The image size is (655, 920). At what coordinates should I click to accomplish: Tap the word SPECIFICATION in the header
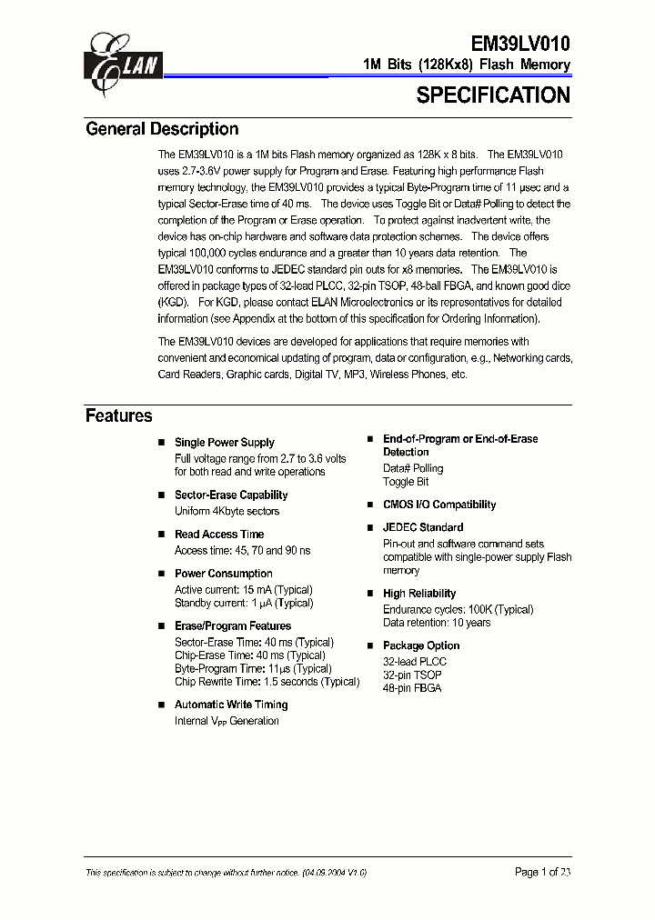pos(493,95)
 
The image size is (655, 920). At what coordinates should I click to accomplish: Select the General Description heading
pos(162,129)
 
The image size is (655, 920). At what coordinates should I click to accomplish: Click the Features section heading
pos(119,416)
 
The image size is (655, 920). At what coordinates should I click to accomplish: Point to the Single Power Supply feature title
pos(224,443)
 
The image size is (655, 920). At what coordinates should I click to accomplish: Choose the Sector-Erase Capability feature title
pos(231,495)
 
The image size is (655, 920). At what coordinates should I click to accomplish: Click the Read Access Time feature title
pos(219,535)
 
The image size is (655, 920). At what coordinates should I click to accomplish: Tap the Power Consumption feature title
pos(224,574)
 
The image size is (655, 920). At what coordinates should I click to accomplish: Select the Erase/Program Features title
pos(233,626)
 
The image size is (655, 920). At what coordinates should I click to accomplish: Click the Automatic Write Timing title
pos(231,705)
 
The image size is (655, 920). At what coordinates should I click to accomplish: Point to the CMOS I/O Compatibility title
pos(439,505)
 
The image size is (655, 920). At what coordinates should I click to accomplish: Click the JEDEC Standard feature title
pos(423,527)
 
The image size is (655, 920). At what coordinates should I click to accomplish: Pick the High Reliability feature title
pos(419,594)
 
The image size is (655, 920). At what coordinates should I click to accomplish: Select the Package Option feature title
pos(421,645)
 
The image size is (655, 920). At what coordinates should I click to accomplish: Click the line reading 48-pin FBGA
pos(412,688)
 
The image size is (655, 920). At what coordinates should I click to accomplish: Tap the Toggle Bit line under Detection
pos(406,482)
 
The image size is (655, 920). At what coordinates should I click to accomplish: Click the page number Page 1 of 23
pos(542,872)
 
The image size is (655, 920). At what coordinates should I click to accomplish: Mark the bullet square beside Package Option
pos(370,645)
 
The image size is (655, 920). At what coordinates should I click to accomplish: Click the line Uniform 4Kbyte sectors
pos(227,511)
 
